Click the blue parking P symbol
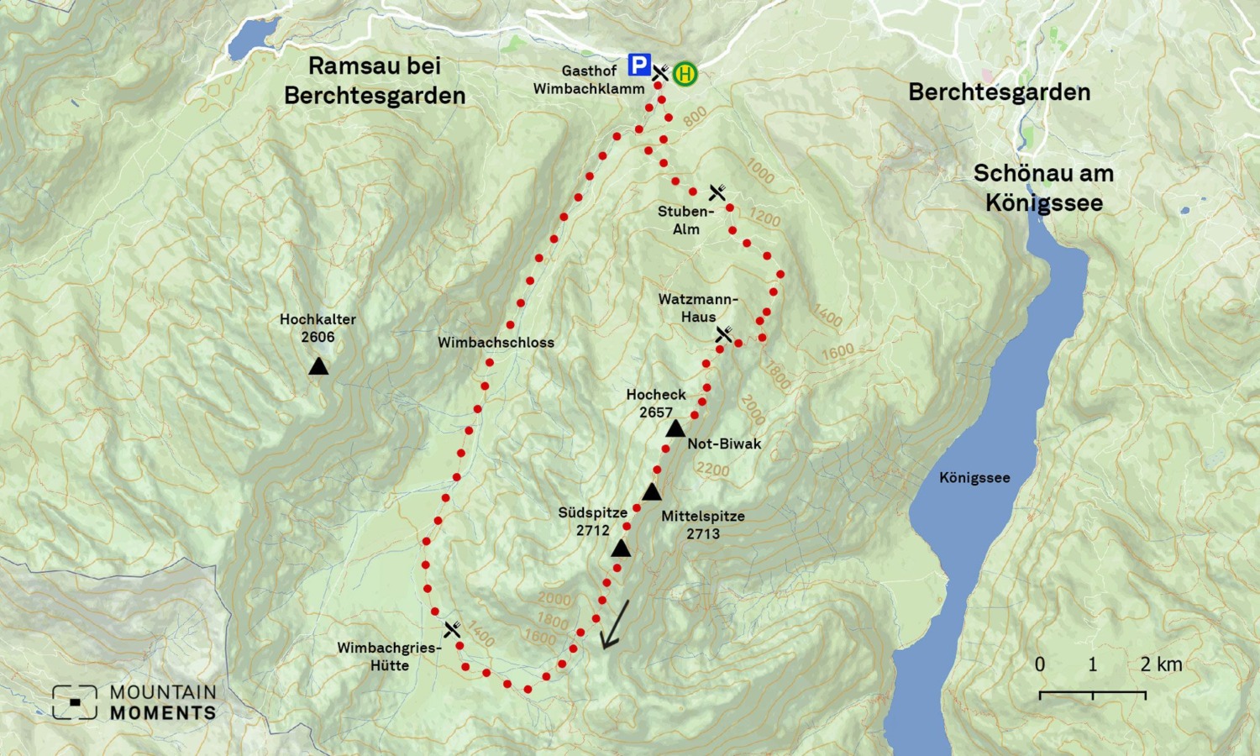639,66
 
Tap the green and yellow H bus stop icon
685,74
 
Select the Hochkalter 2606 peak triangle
318,366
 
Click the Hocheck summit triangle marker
675,429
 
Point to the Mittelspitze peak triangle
652,492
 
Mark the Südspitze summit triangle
621,549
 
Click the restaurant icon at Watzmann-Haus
724,335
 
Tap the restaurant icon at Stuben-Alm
717,193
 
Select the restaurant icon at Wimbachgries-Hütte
452,629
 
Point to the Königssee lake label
974,478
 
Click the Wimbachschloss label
496,343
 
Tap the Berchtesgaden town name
999,92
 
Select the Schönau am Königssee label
1043,188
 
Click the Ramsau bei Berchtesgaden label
375,81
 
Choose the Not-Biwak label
724,444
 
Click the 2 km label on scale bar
1161,664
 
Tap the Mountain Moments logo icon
75,702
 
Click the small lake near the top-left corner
252,36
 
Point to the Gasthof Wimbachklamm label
589,80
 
